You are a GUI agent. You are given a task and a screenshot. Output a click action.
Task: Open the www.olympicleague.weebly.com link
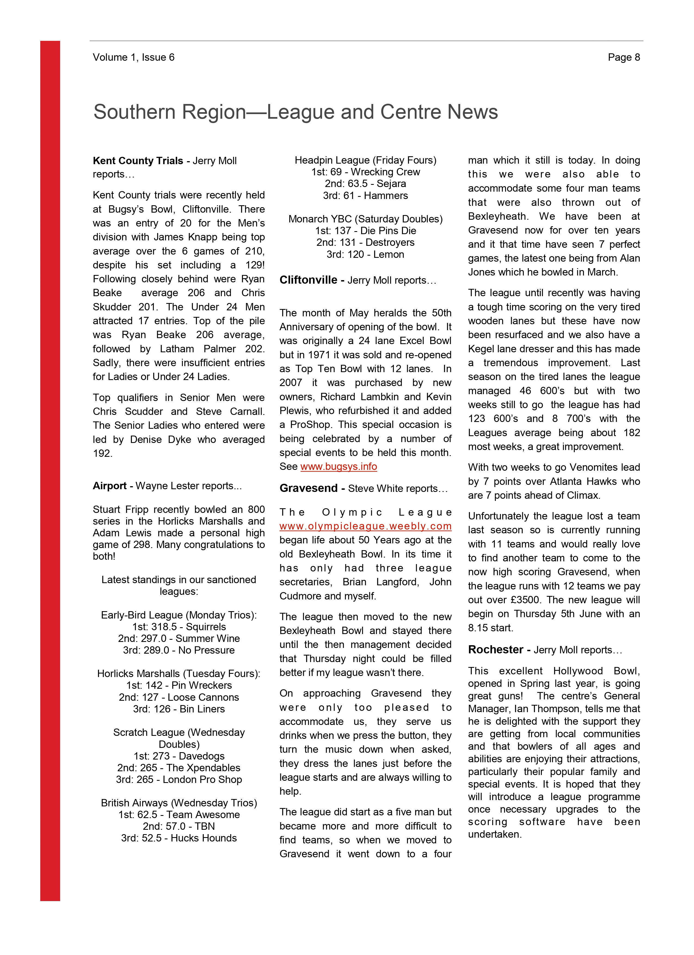(x=365, y=526)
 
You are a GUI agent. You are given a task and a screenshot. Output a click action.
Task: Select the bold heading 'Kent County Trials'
(x=138, y=161)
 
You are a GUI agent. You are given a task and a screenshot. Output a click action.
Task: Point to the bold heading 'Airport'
(x=109, y=486)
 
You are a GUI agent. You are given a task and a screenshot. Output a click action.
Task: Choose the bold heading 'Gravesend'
(x=309, y=488)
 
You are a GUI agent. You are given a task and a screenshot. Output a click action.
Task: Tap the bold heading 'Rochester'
(x=496, y=650)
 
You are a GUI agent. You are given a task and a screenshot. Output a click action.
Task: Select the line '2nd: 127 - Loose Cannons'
(x=179, y=697)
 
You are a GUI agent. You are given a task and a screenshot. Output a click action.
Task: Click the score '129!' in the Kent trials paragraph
(x=255, y=265)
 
